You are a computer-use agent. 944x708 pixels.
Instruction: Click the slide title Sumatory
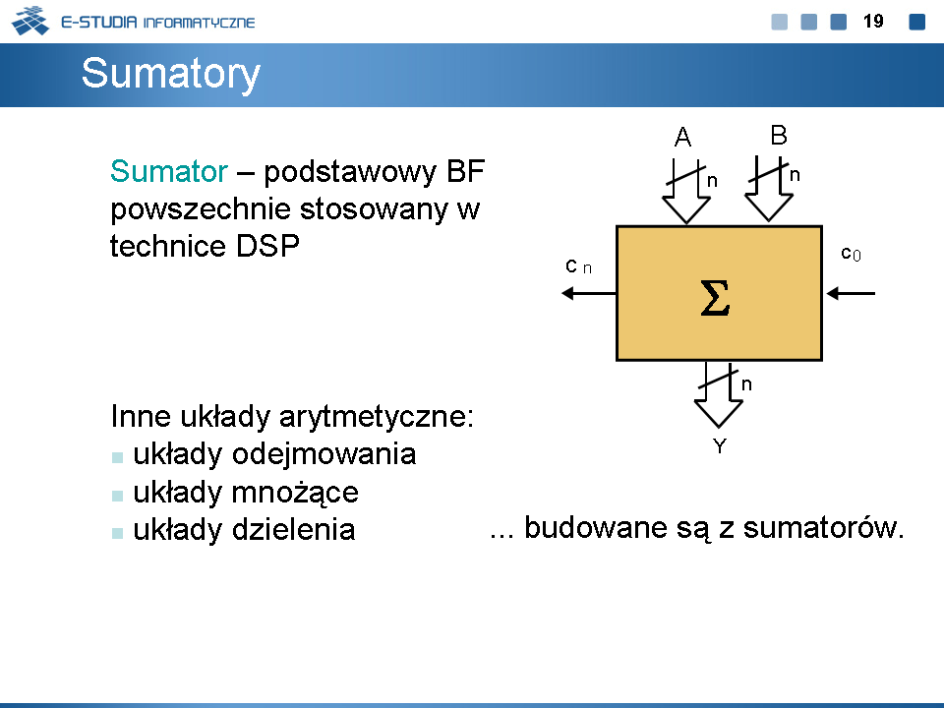click(170, 74)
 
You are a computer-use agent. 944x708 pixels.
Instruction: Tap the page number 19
click(873, 22)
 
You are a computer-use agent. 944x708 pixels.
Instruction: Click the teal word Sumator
click(168, 171)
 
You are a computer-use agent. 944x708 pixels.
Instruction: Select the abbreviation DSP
click(267, 246)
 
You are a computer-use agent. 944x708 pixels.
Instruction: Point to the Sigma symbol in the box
click(715, 297)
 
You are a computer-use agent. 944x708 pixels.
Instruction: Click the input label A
click(682, 138)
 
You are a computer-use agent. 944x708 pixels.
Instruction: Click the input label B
click(779, 135)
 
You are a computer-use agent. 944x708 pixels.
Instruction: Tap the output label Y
click(720, 446)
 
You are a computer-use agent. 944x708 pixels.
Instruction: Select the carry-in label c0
click(851, 254)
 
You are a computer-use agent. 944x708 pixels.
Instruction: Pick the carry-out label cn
click(578, 265)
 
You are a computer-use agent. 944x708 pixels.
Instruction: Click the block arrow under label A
click(686, 192)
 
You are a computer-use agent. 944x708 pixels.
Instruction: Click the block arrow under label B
click(769, 189)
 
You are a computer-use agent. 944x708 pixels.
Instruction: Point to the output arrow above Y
click(718, 395)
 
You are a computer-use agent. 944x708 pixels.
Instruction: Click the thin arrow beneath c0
click(851, 293)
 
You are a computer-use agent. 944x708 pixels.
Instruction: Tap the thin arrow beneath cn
click(589, 293)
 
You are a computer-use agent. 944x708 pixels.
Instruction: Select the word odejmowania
click(324, 454)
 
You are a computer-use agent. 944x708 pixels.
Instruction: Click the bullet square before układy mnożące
click(117, 496)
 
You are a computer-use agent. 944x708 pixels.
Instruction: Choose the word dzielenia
click(293, 530)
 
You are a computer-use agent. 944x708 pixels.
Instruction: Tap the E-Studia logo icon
click(30, 21)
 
